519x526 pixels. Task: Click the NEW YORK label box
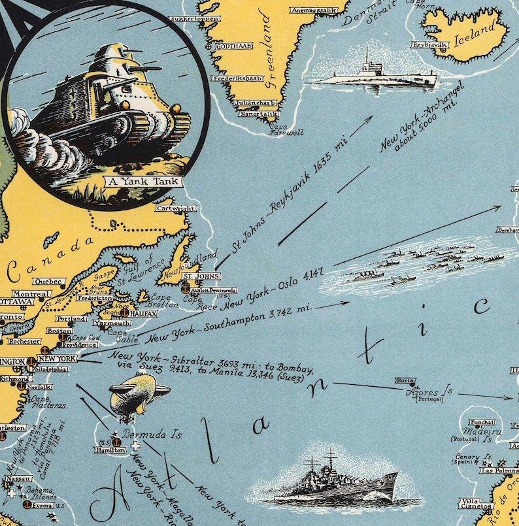tap(58, 359)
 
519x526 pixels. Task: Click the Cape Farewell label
tap(286, 129)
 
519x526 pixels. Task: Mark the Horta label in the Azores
tap(405, 380)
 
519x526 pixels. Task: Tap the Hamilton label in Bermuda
tap(109, 450)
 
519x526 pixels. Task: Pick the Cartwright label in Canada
tap(175, 208)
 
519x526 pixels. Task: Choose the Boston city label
tap(59, 331)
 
